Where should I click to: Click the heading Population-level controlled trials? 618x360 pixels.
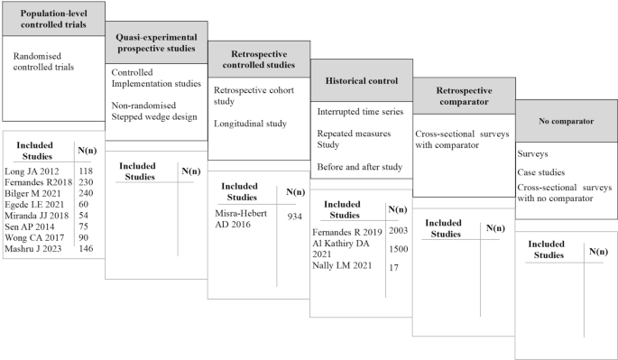tap(51, 18)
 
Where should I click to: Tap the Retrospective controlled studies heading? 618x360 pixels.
tap(258, 61)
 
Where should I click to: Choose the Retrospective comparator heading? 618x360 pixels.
tap(463, 97)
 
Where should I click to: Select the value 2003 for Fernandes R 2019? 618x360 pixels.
tap(399, 232)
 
